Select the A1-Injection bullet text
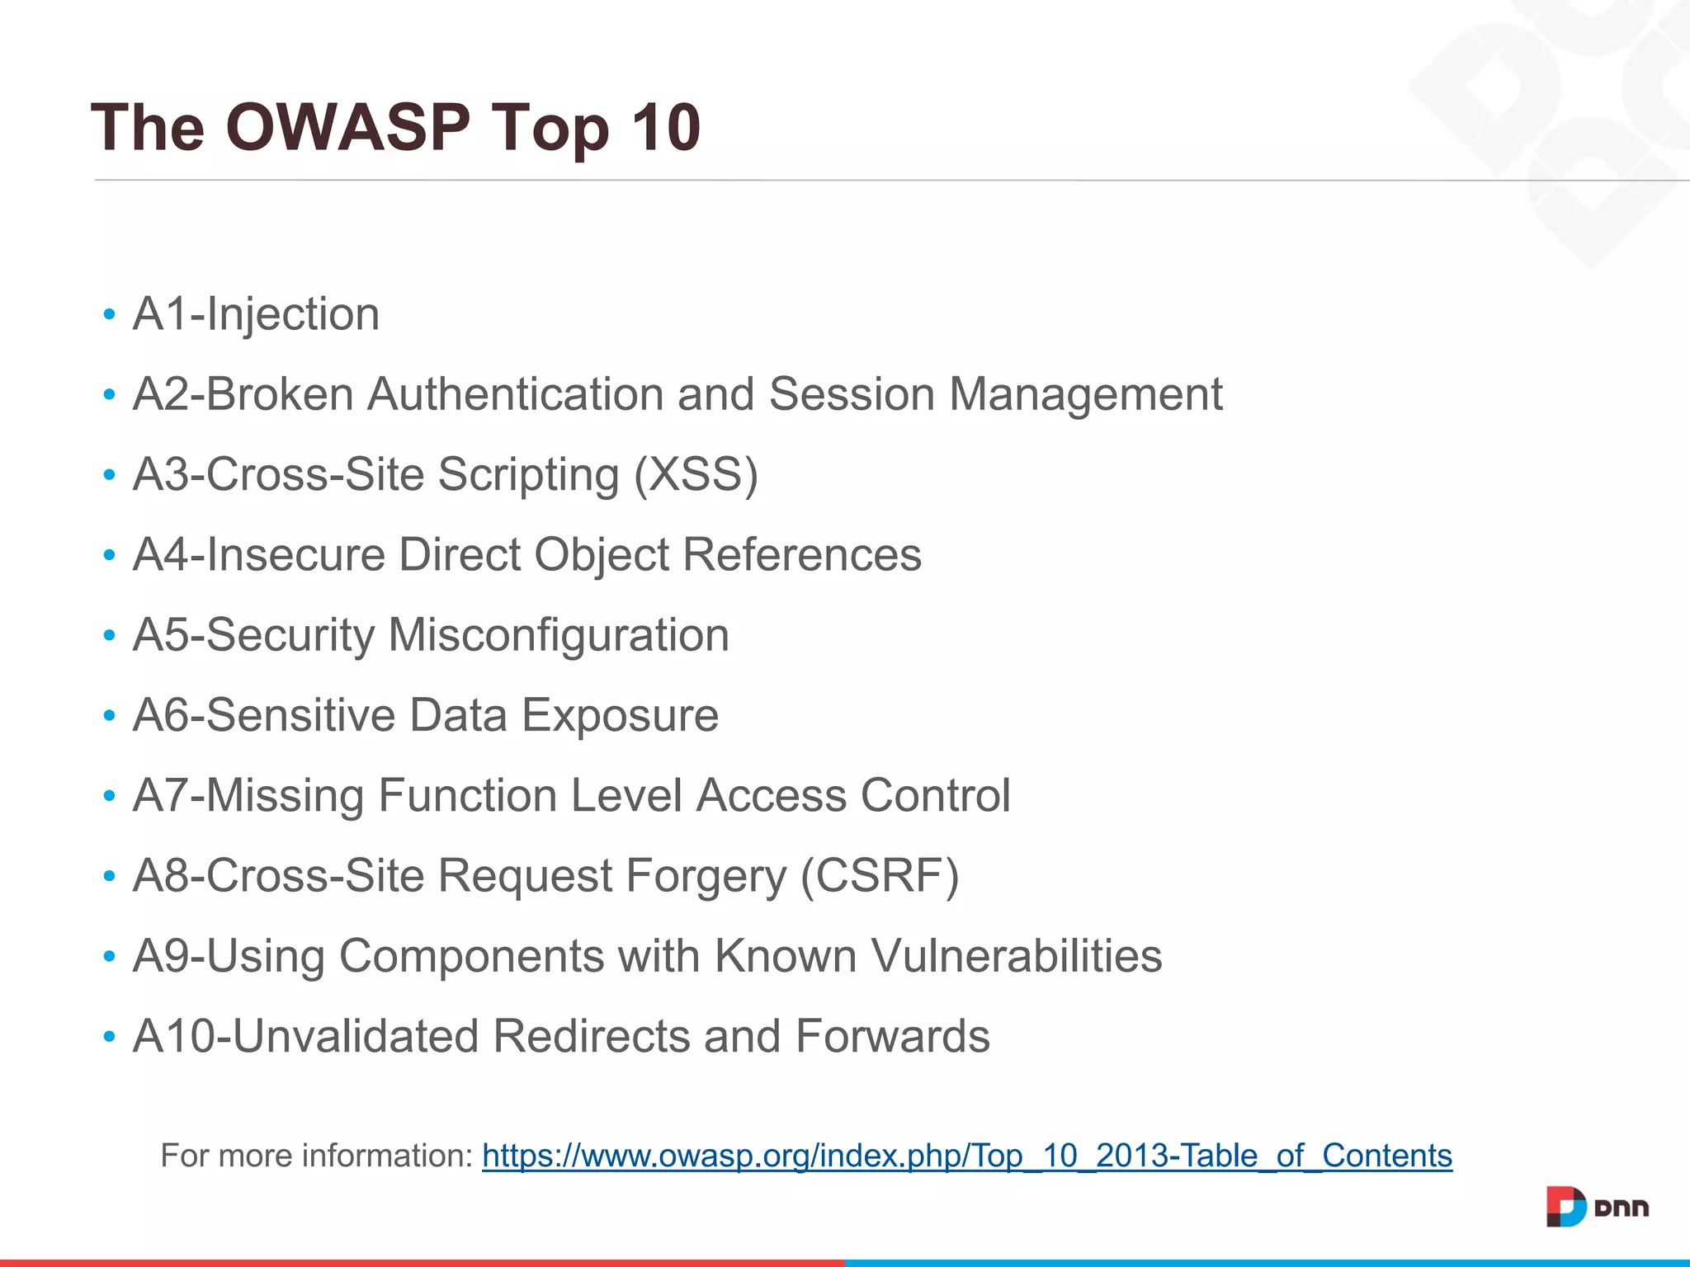tap(256, 314)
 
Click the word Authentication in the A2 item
tap(515, 394)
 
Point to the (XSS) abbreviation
tap(696, 474)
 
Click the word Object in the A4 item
tap(602, 554)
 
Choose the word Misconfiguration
tap(559, 635)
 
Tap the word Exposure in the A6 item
tap(620, 715)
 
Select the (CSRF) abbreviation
tap(880, 875)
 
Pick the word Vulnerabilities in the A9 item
tap(1016, 956)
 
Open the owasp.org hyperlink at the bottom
tap(966, 1156)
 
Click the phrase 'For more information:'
tap(317, 1156)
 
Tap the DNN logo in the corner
tap(1597, 1207)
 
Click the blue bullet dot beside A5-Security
tap(109, 636)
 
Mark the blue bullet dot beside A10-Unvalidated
tap(109, 1037)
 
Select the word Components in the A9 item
tap(471, 956)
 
